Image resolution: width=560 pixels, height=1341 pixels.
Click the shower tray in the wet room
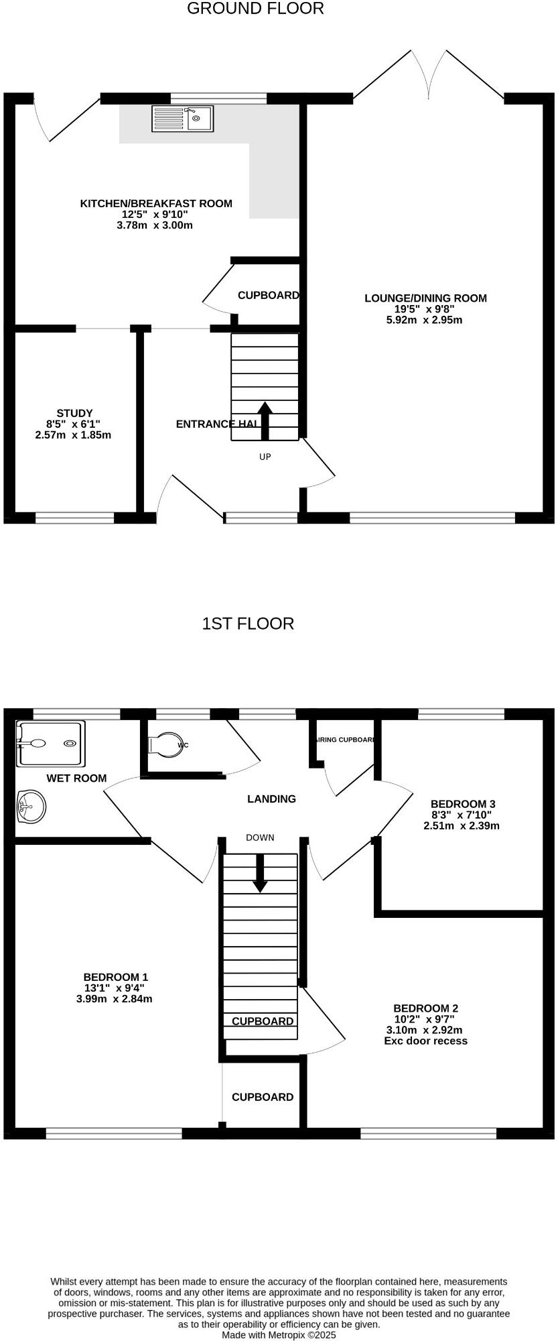point(51,743)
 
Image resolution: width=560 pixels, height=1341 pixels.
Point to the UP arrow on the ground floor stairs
point(265,421)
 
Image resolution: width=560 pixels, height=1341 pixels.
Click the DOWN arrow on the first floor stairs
point(260,874)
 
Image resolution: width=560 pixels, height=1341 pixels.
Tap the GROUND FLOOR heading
point(255,9)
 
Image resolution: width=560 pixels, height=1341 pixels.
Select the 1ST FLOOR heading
point(248,624)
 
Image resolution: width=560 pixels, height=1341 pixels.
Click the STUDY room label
point(74,413)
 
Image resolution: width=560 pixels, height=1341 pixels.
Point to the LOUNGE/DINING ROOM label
point(425,298)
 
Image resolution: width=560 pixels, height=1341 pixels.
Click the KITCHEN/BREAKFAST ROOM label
point(156,203)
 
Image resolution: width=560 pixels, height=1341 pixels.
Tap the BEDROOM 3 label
point(463,804)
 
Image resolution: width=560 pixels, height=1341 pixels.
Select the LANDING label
point(271,799)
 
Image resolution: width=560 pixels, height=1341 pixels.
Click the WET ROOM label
point(76,778)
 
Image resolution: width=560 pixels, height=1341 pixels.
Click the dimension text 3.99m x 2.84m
point(115,998)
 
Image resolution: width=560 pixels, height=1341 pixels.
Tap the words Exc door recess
point(425,1041)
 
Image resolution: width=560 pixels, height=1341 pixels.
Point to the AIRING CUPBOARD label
point(344,740)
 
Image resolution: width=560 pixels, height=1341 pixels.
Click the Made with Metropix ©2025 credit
point(279,1335)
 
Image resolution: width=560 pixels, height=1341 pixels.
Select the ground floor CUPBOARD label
point(268,295)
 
